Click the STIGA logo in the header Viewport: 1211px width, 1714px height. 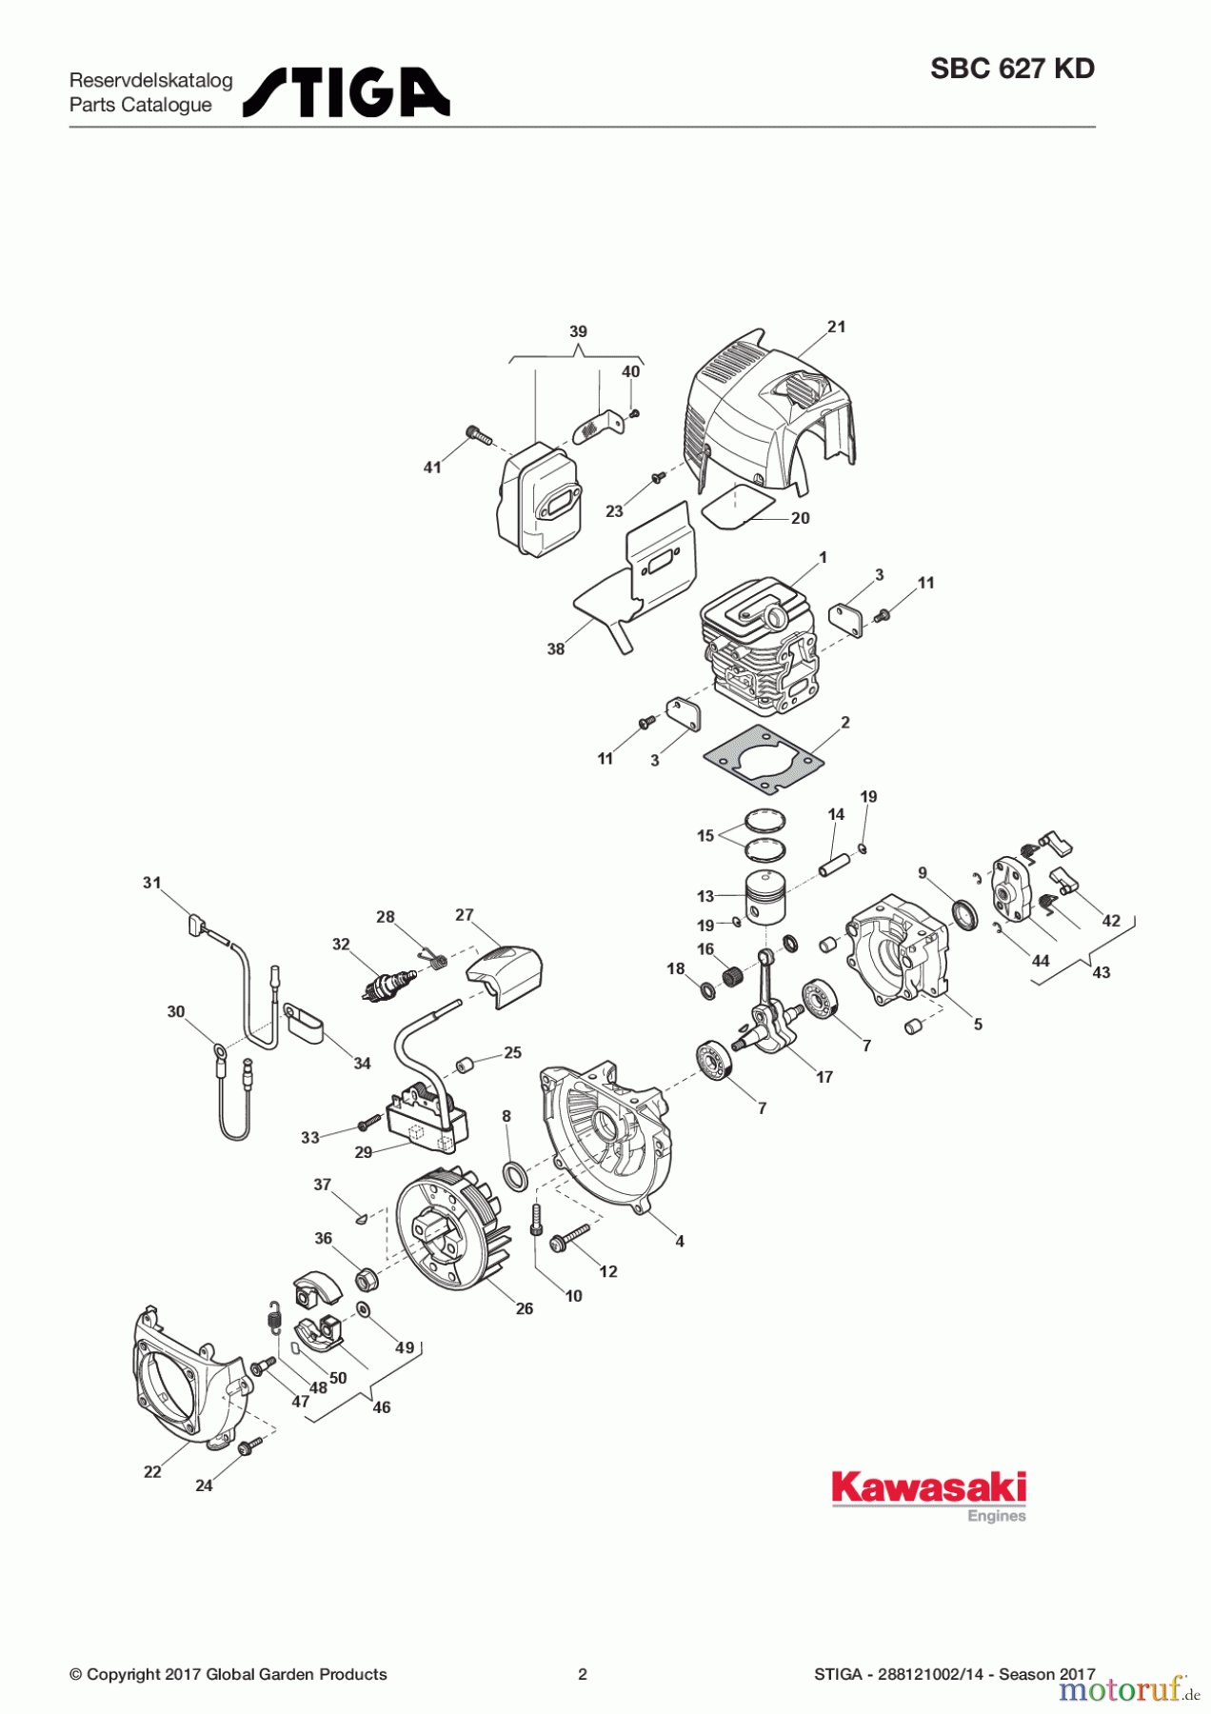346,92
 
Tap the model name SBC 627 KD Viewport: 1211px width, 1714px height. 1012,69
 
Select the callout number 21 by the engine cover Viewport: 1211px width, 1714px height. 836,327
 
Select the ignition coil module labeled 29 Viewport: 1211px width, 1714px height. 427,1123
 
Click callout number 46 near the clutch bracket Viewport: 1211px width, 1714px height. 381,1407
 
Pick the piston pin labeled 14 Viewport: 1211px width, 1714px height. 834,854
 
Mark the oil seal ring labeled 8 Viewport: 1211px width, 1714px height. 514,1175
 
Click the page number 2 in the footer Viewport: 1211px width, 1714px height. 583,1674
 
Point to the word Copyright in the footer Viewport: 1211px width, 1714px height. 122,1674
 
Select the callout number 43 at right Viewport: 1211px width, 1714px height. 1101,972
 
